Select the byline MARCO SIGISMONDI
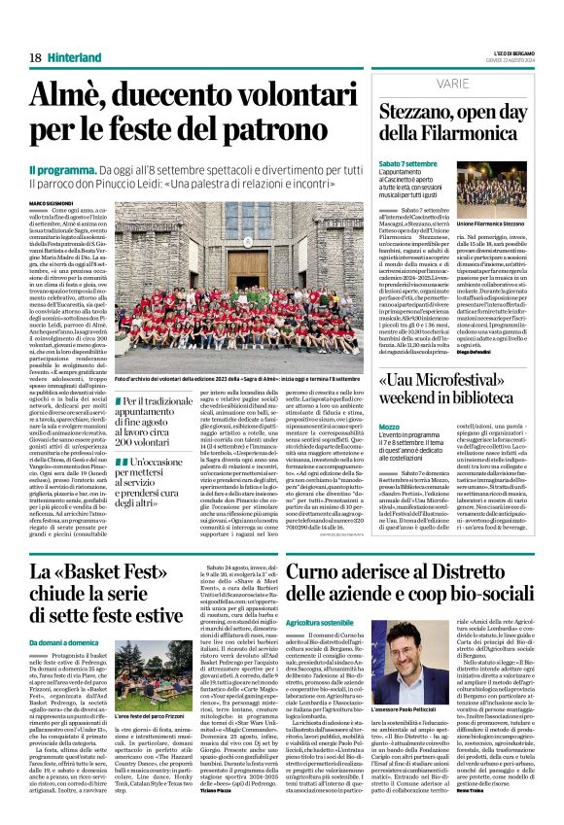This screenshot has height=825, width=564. pos(55,201)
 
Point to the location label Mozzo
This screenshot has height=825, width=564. pos(390,426)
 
